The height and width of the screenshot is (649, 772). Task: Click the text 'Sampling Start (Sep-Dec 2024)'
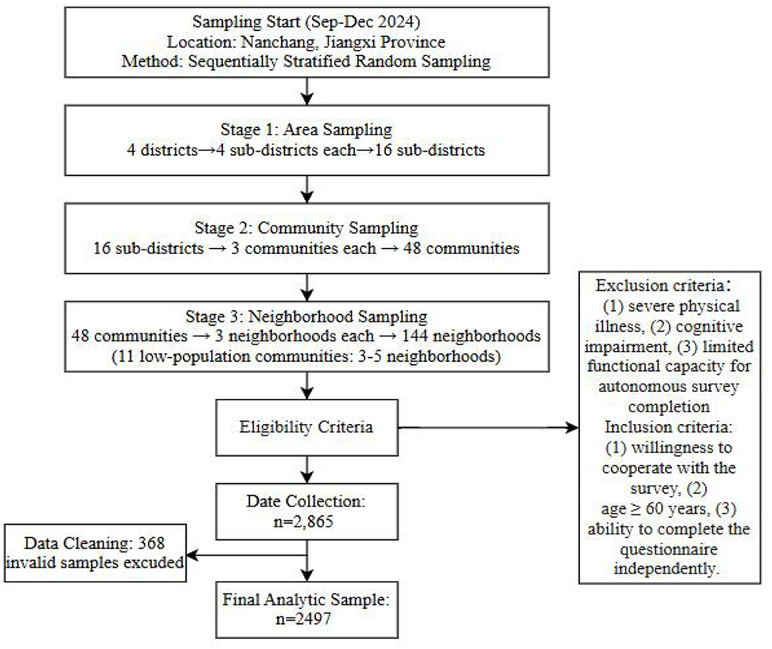coord(307,23)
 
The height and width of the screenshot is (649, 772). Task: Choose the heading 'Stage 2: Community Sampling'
coord(307,228)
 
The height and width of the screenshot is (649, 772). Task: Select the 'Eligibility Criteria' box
coord(307,427)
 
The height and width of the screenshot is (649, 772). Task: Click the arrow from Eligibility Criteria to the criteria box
coord(488,427)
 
